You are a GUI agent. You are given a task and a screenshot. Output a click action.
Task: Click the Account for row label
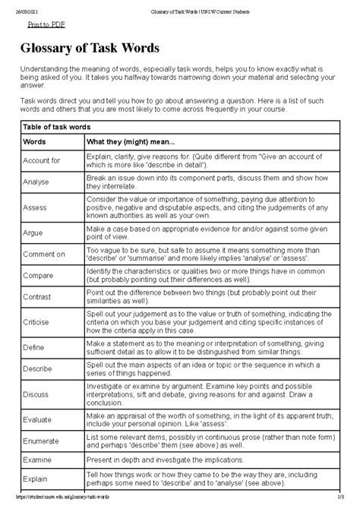42,161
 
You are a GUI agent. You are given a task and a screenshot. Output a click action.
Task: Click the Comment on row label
44,254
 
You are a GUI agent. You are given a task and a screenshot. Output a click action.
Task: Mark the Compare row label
39,276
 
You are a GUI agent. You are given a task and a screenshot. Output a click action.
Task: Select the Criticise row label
38,322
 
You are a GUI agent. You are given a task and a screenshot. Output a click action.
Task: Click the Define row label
35,348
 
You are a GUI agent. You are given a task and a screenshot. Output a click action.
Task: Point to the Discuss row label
37,395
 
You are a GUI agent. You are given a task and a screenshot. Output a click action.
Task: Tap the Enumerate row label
43,443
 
